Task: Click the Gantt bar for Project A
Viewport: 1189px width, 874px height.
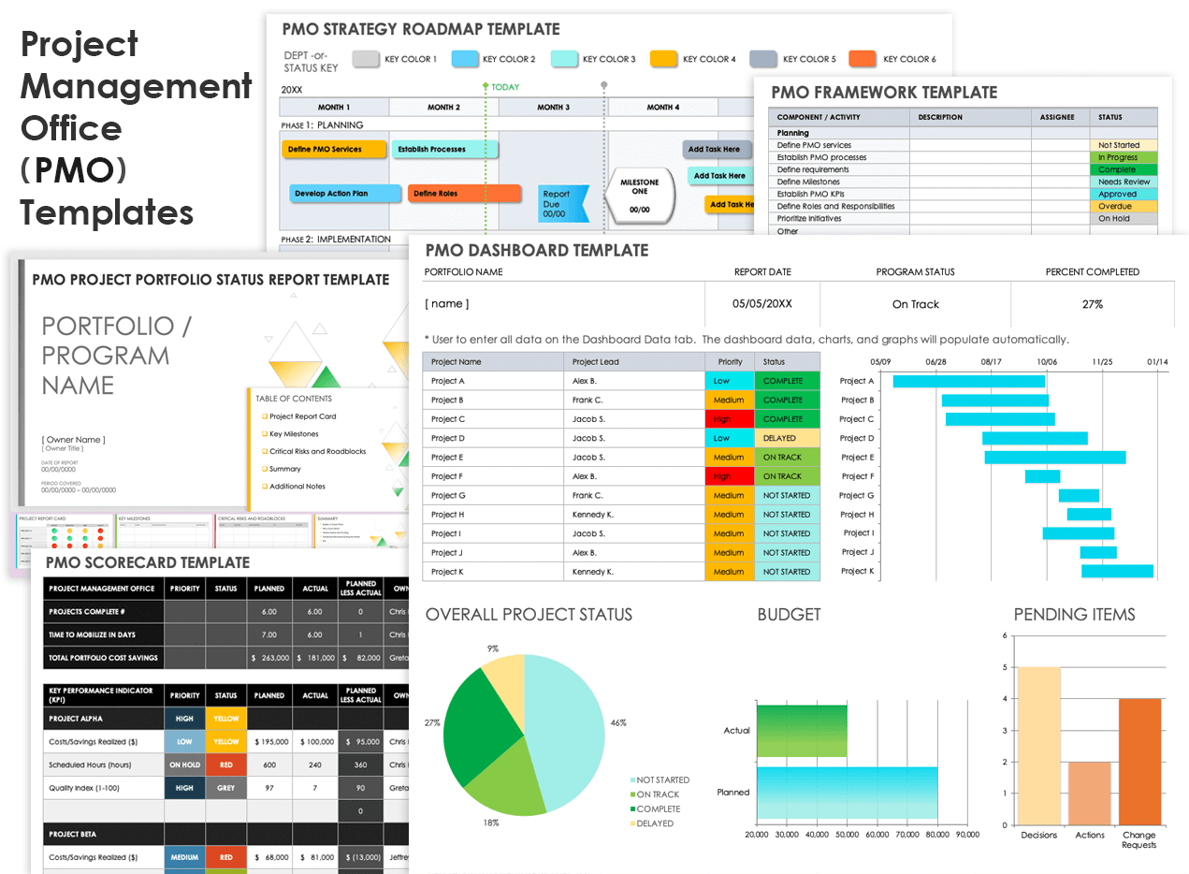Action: (968, 381)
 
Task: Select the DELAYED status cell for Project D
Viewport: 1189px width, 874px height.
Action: (787, 438)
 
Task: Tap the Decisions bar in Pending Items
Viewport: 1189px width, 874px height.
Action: (1038, 746)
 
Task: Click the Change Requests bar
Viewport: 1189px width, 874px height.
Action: (1138, 762)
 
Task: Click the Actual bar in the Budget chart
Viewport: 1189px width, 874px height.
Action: (801, 731)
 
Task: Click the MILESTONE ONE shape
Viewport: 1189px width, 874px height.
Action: (639, 194)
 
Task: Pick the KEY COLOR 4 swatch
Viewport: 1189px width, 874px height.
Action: (663, 59)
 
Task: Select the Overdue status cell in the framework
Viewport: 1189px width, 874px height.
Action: (1124, 206)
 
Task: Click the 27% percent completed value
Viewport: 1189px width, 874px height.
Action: (1092, 304)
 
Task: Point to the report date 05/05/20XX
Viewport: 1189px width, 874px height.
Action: (762, 304)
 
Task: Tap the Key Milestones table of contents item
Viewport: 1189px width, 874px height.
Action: (294, 434)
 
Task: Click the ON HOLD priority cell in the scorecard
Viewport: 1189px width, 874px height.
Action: (184, 765)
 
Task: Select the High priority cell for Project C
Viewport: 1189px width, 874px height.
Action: (730, 419)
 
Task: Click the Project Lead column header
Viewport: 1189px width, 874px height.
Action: (596, 361)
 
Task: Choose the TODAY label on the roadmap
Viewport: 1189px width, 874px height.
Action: (505, 87)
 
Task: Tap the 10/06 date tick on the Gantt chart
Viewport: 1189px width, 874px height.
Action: (1047, 361)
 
